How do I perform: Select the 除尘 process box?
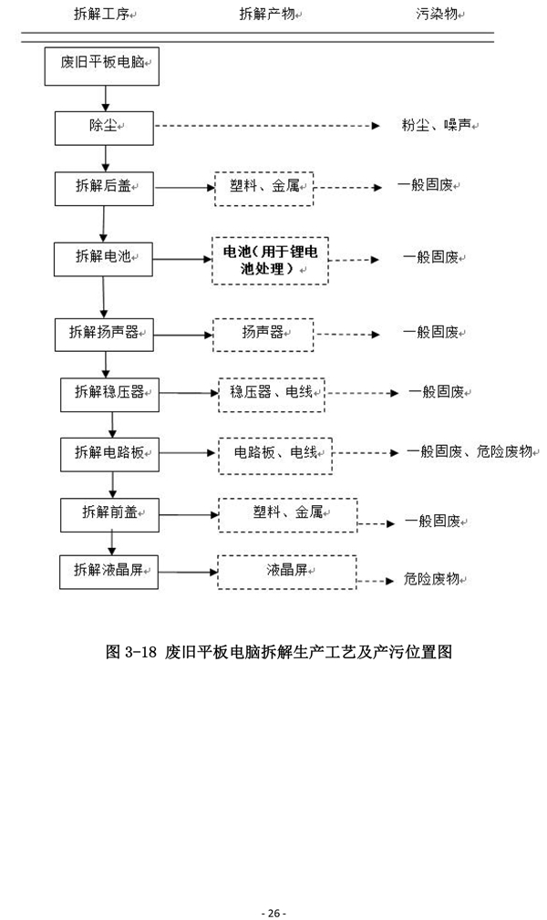[x=103, y=127]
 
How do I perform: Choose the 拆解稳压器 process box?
[x=110, y=392]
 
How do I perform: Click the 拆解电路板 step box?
[x=110, y=451]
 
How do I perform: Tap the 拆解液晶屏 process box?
[x=110, y=571]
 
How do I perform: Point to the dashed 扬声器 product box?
[x=263, y=334]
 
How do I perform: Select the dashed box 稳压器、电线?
[x=272, y=393]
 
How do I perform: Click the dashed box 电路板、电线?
[x=274, y=453]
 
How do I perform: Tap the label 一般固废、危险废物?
[x=470, y=451]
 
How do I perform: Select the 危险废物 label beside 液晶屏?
[x=436, y=579]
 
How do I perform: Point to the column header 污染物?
[x=440, y=15]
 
